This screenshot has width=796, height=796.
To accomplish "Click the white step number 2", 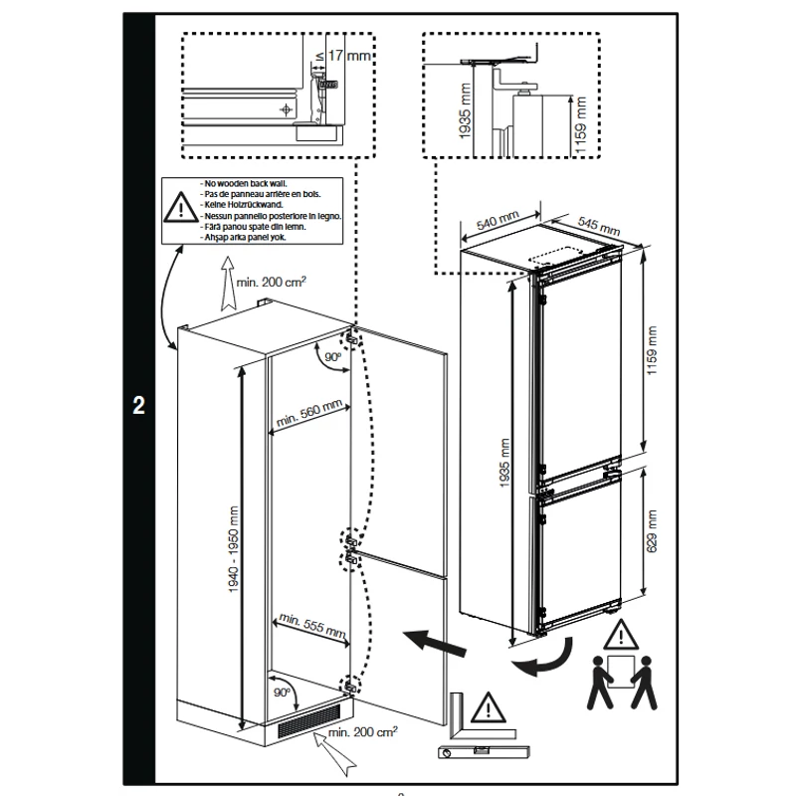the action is tap(138, 405).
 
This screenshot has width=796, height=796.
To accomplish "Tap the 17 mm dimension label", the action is tap(349, 55).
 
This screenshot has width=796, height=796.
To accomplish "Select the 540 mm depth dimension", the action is tap(498, 221).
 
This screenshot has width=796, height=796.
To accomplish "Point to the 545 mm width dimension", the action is tap(599, 226).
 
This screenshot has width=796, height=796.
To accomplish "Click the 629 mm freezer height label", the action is tap(653, 531).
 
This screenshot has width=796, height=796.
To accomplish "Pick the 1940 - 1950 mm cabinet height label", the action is tap(233, 549).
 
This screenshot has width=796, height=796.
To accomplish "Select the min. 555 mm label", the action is tap(312, 626).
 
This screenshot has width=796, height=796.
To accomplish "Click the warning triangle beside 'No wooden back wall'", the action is tap(181, 208).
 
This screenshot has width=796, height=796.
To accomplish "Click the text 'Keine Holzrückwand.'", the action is tap(243, 205).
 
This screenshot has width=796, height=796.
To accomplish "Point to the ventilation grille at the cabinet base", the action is tap(308, 720).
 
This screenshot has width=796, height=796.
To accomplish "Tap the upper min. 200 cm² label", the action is tap(271, 282).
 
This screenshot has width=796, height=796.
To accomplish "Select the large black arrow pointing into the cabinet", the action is tap(434, 643).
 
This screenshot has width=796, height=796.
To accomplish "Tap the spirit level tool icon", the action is tap(484, 752).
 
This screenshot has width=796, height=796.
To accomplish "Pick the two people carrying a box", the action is tap(621, 682).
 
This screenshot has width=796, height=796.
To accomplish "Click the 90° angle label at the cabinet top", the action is tap(333, 357).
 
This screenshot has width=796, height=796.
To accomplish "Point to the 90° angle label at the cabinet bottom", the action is tap(282, 692).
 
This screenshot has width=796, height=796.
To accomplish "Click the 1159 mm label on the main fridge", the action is tap(652, 350).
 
